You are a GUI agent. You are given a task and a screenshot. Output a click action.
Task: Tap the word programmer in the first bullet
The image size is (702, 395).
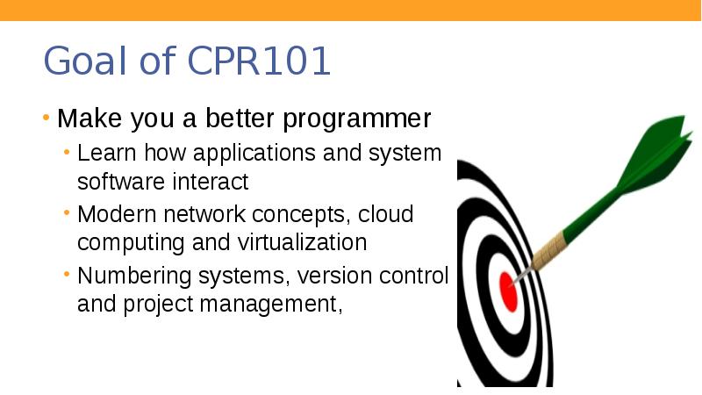pos(356,118)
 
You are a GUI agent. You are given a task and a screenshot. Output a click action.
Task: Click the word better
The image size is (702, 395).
pos(237,118)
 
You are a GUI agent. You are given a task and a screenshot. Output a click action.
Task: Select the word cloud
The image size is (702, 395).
pos(385,215)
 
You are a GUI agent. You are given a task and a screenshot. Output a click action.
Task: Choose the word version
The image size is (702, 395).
pos(330,276)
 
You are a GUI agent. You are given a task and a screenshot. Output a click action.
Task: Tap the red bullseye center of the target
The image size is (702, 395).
pos(508,290)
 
